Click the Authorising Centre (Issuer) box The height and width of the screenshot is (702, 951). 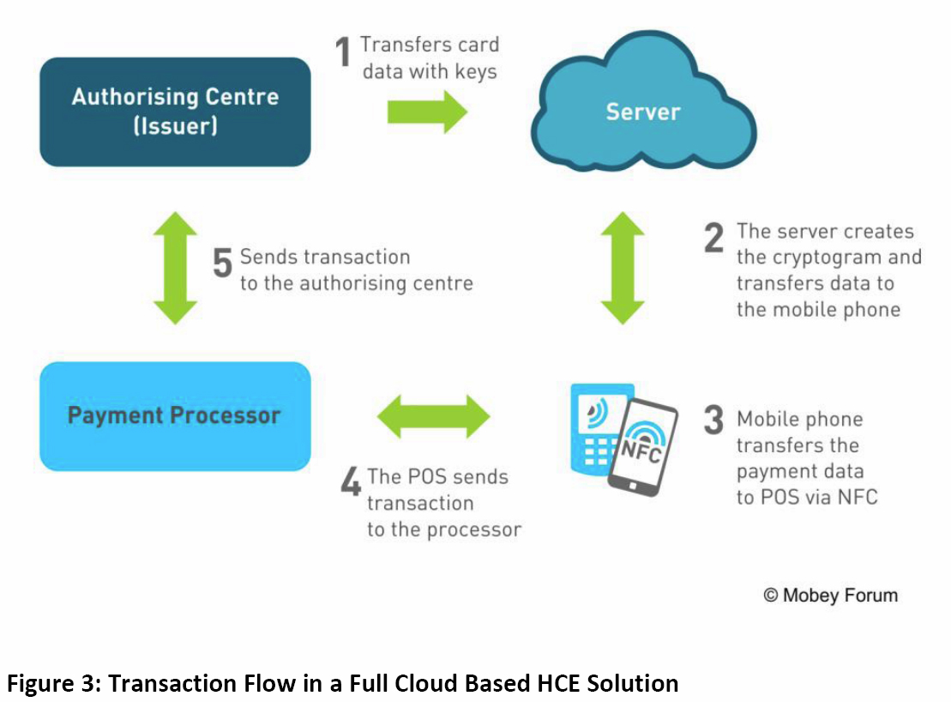(175, 111)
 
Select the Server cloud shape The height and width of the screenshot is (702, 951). (643, 112)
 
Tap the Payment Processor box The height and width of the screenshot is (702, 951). (175, 416)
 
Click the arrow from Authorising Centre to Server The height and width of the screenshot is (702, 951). (427, 112)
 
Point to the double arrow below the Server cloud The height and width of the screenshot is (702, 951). (623, 268)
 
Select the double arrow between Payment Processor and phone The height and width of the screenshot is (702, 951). (434, 418)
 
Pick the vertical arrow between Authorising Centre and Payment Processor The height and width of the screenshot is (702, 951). (175, 268)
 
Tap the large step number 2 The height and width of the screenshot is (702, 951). (713, 238)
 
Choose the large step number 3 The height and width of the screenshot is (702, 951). (713, 420)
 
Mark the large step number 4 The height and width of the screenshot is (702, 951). (351, 481)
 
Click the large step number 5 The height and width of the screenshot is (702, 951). (222, 263)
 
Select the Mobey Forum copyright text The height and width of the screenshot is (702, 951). (830, 595)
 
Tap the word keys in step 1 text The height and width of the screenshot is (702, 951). (476, 71)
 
